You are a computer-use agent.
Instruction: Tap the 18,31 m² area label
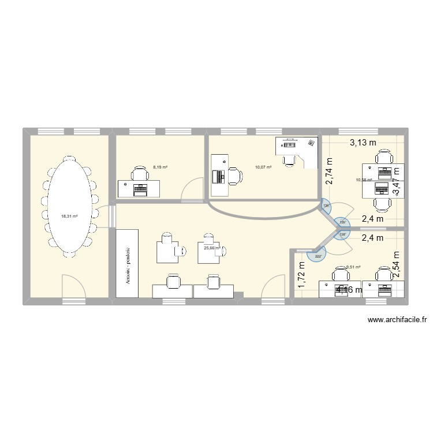tap(69, 216)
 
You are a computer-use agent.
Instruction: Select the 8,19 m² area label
tap(160, 167)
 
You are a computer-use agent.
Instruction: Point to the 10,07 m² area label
tap(263, 168)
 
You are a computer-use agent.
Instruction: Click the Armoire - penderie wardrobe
tap(127, 263)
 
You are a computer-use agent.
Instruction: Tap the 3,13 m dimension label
tap(363, 142)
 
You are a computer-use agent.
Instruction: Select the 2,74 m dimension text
tap(330, 171)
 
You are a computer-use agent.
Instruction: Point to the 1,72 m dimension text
tap(301, 275)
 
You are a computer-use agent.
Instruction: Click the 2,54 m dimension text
tap(396, 266)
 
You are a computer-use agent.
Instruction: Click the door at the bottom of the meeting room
tap(74, 287)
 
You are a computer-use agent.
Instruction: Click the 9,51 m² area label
tap(353, 267)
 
